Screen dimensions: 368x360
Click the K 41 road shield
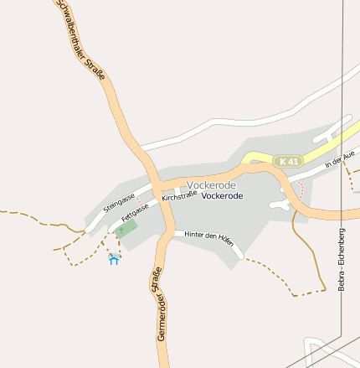(x=289, y=160)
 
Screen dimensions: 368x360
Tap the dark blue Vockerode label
(x=223, y=195)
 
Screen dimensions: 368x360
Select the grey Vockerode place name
(x=212, y=184)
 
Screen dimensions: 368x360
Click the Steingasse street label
(x=119, y=202)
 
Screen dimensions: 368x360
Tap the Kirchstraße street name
(x=179, y=196)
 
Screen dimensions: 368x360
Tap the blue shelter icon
(x=114, y=259)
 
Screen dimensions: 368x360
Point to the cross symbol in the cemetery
(x=121, y=228)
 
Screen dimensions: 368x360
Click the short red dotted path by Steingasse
(x=139, y=201)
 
